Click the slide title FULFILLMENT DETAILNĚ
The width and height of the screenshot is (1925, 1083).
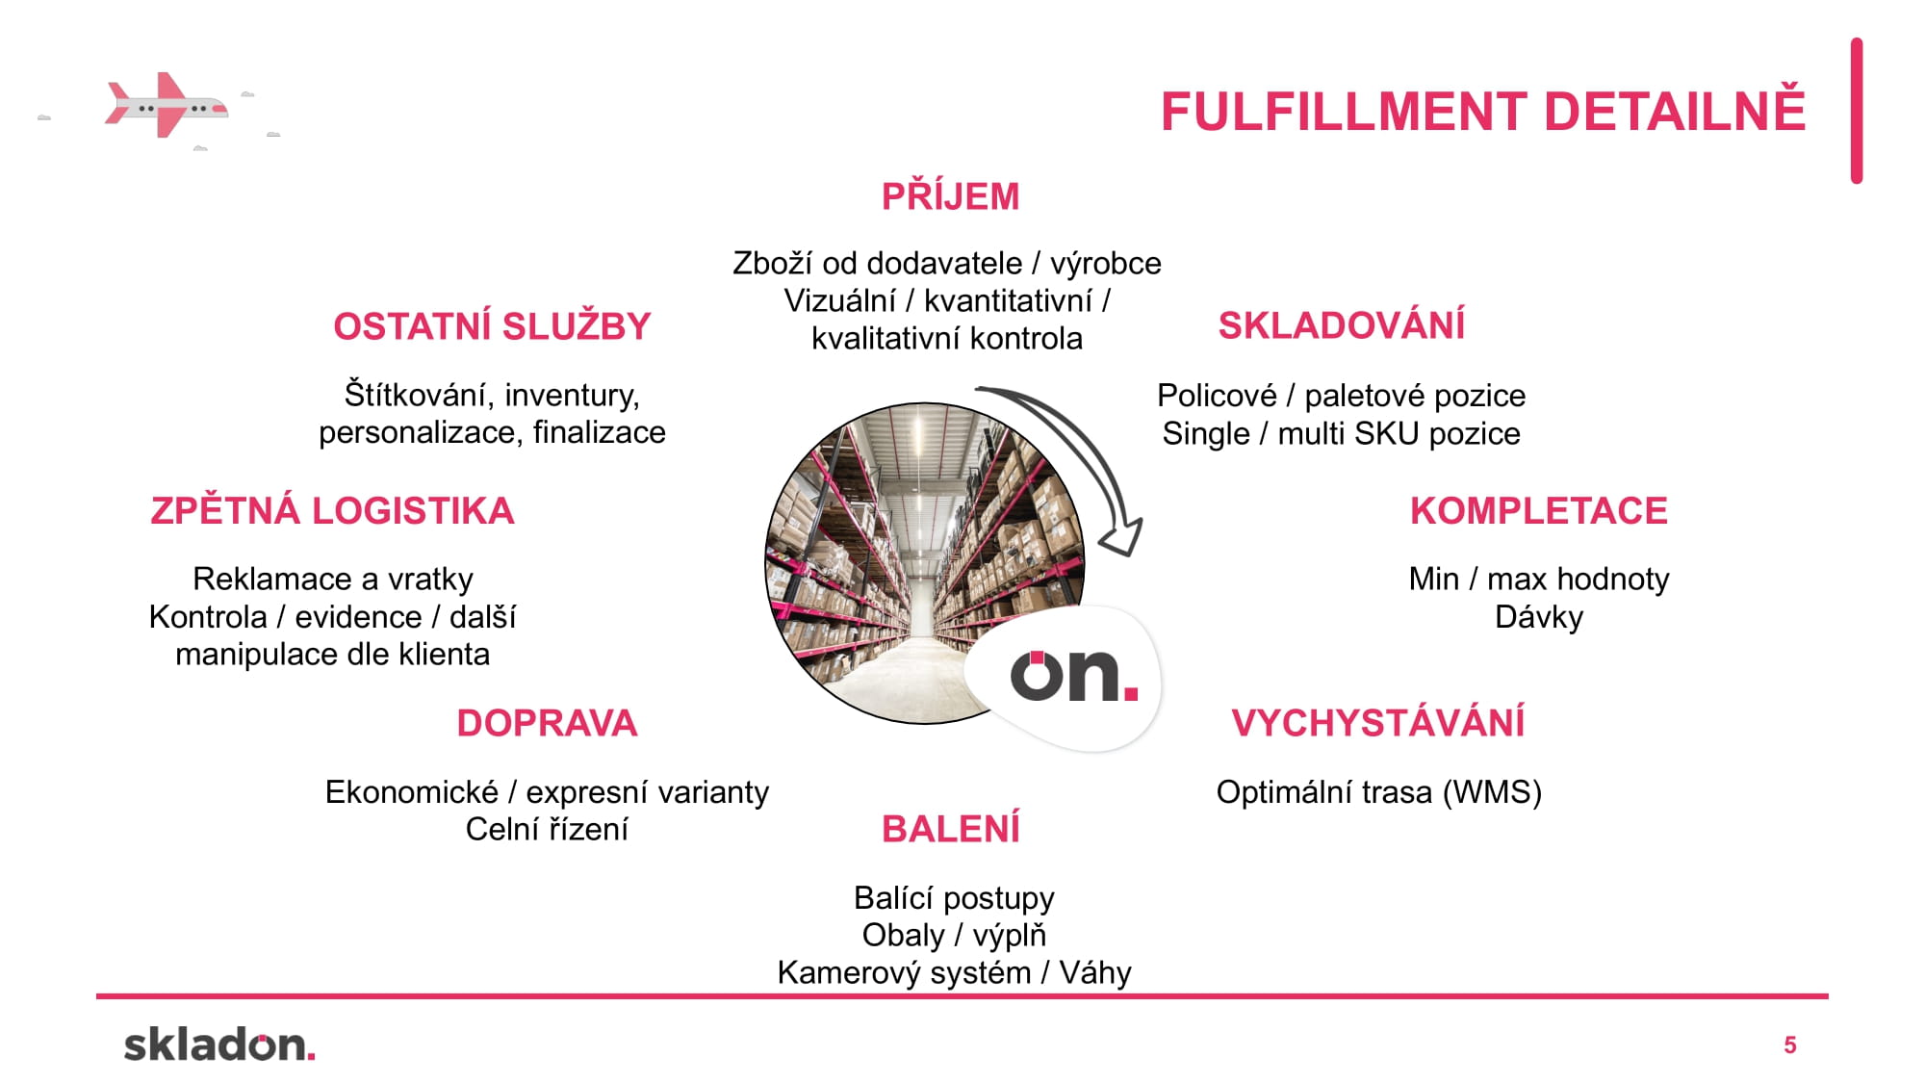click(1482, 111)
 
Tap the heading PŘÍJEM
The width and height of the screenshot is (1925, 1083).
click(950, 196)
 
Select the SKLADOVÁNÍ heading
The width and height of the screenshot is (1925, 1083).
click(1341, 325)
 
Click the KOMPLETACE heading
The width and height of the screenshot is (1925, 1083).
click(1538, 511)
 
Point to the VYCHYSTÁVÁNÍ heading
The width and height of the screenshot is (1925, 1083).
click(1377, 723)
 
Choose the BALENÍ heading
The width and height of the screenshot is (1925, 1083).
click(950, 829)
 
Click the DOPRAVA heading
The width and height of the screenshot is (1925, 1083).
click(547, 723)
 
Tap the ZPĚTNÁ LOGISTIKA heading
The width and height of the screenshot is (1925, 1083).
click(332, 510)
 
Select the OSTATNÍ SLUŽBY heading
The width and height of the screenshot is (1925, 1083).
click(492, 326)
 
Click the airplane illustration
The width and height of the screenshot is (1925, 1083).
click(167, 105)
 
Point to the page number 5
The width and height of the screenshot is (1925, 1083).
click(1789, 1045)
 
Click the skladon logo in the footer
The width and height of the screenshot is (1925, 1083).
click(219, 1044)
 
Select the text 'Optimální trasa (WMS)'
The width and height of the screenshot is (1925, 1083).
click(1378, 792)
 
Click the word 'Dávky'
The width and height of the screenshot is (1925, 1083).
click(1538, 617)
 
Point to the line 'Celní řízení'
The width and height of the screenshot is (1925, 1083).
click(547, 829)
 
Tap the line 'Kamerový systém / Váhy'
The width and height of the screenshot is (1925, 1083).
click(954, 972)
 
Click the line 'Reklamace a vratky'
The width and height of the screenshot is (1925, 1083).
click(333, 579)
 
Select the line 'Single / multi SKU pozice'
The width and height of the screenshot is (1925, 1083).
click(1341, 433)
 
